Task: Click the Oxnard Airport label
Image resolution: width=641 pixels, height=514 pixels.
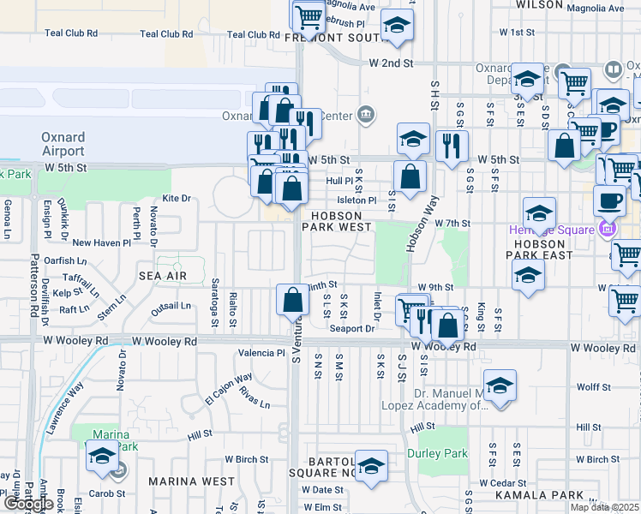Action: [63, 144]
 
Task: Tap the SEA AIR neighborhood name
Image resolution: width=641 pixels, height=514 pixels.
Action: [162, 276]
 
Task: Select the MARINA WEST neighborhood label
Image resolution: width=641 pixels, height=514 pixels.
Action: [192, 481]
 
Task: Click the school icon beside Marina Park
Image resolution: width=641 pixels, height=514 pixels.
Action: [103, 457]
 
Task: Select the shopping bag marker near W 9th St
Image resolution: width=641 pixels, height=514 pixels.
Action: [292, 301]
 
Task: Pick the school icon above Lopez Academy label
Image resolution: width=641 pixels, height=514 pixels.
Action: [500, 385]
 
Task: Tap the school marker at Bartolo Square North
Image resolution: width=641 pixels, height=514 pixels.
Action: [371, 467]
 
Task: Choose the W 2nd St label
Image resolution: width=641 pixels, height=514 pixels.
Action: [391, 63]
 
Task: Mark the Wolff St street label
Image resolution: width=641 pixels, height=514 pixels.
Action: [593, 387]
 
